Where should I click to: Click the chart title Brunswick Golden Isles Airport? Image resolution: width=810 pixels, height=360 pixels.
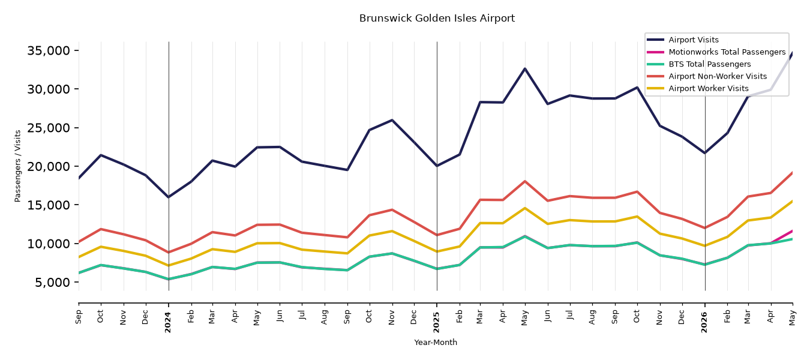coord(437,19)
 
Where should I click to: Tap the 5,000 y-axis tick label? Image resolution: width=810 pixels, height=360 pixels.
coord(52,282)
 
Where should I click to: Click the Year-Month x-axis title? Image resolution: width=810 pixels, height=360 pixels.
coord(436,342)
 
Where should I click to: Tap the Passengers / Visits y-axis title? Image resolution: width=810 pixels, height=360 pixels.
coord(18,166)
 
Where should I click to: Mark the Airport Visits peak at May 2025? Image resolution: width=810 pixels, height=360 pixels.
coord(524,68)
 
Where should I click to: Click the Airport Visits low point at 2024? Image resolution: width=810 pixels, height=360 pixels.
coord(169,197)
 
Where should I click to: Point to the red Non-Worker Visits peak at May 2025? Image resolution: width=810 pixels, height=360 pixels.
coord(524,181)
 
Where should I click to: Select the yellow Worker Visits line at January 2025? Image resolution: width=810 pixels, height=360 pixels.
coord(437,251)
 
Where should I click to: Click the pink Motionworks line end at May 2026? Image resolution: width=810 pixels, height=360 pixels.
coord(792,230)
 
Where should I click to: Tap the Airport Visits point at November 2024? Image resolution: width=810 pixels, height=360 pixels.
coord(392,120)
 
